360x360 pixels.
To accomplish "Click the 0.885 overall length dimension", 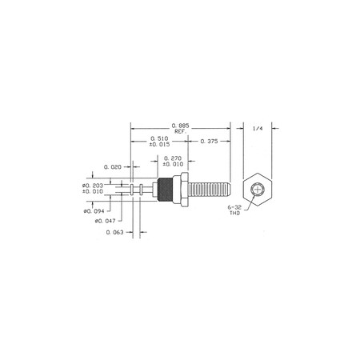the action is coord(180,126).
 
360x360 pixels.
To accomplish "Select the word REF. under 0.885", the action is coord(181,131).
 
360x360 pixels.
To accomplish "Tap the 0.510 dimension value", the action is coord(159,138).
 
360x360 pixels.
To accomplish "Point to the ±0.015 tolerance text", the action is coord(159,144).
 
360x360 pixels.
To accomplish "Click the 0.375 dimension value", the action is coord(209,141).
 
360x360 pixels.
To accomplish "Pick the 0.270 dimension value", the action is coord(173,158).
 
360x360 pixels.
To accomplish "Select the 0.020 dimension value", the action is coord(113,167).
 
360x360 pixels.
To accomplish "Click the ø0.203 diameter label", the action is coord(93,186).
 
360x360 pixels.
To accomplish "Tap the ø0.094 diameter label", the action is coord(94,211).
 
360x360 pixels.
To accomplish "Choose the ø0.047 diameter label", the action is coord(106,221).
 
